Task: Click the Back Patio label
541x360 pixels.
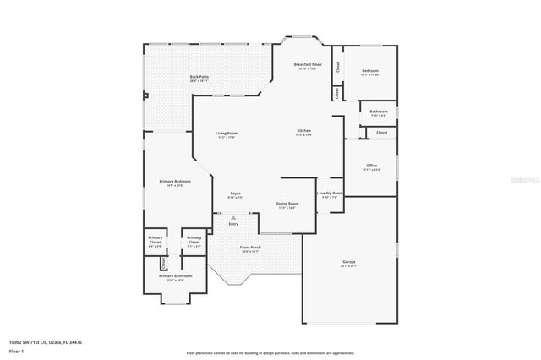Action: [199, 78]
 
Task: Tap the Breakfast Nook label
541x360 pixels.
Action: [307, 65]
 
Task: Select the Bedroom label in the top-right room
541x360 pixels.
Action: [370, 71]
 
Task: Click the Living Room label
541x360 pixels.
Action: [226, 134]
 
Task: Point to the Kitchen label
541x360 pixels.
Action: [304, 130]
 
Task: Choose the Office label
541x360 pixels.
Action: [371, 165]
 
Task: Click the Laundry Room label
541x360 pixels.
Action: [330, 194]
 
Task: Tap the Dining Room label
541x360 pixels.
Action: [287, 204]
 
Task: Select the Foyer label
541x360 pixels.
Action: [235, 194]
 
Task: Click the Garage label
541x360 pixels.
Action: [348, 263]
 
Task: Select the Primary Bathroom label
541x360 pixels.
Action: [176, 276]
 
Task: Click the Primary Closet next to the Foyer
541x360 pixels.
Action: [194, 240]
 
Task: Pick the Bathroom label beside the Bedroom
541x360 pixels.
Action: [378, 111]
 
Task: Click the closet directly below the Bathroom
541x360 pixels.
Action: [381, 133]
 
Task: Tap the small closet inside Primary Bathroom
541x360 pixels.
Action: [163, 263]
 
